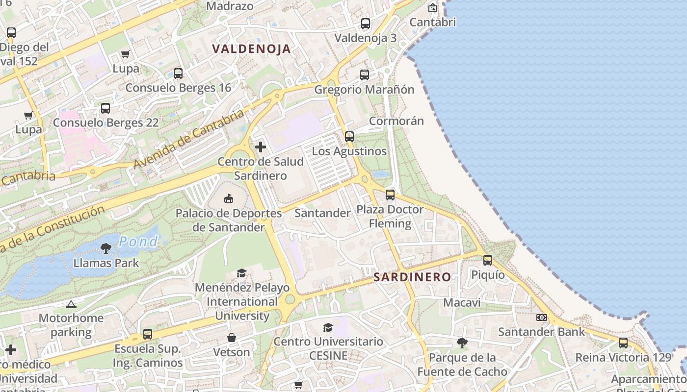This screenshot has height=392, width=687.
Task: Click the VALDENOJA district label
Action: (252, 49)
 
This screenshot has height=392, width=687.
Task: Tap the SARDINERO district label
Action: (412, 277)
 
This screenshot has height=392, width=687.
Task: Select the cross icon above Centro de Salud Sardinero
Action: (261, 147)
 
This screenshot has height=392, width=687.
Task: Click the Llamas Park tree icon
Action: (106, 248)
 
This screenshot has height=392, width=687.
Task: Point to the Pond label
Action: (139, 241)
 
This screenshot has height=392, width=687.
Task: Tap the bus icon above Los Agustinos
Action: (349, 137)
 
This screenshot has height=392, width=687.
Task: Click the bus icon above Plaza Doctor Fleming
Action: (390, 195)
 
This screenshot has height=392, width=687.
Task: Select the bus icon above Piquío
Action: (488, 260)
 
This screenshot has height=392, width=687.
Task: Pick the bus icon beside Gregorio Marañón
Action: (365, 75)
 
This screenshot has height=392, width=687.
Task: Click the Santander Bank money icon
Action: (542, 318)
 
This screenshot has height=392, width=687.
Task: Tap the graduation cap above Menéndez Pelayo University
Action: (241, 273)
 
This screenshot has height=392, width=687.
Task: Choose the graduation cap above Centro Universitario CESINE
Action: (328, 327)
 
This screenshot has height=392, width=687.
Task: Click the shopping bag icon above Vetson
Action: (232, 338)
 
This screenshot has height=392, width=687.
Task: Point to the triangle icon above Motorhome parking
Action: (71, 304)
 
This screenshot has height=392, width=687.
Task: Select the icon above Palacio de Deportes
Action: (229, 198)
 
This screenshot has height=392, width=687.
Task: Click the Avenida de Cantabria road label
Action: (188, 139)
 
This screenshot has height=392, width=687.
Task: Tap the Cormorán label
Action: (396, 121)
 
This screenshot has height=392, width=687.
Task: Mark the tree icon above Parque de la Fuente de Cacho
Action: (462, 343)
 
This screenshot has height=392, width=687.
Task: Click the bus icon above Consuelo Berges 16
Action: (178, 73)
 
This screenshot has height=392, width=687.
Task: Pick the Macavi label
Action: (462, 302)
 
